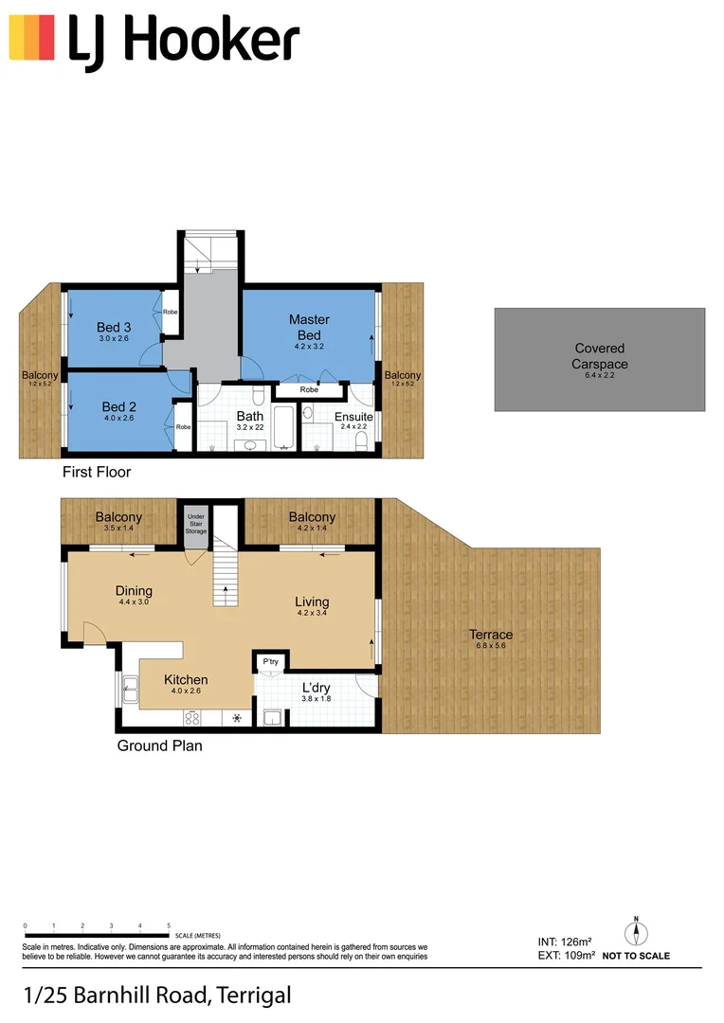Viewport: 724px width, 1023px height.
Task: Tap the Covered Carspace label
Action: (599, 356)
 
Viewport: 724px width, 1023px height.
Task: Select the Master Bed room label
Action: (309, 328)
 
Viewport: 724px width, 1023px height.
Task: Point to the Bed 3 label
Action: (114, 328)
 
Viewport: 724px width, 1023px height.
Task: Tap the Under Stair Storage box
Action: (195, 523)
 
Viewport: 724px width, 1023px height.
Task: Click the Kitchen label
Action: (186, 680)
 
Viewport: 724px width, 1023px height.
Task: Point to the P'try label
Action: (270, 662)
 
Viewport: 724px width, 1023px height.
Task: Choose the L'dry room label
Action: (316, 688)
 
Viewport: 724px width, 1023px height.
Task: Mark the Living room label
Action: (312, 601)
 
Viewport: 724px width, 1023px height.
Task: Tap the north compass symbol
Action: (637, 933)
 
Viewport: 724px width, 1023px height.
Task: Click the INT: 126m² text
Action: (564, 942)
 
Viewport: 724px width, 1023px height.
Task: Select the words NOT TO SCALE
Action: (635, 957)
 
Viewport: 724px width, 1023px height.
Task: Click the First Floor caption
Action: (97, 472)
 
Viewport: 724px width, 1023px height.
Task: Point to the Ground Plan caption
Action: (159, 745)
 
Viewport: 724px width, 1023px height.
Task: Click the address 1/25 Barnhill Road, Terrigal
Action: (156, 996)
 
